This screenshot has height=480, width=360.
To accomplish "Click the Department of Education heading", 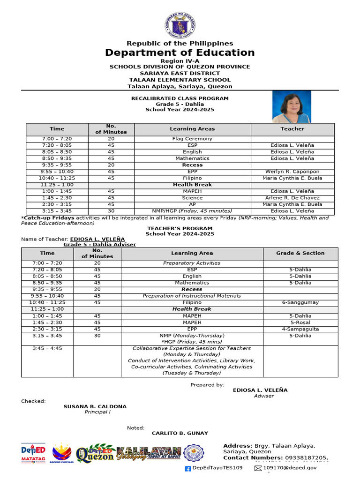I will (x=180, y=52).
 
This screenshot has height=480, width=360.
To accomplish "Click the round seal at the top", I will (x=180, y=24).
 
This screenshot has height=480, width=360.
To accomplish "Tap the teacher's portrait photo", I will (x=291, y=106).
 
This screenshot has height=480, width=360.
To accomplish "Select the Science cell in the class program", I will (x=192, y=198).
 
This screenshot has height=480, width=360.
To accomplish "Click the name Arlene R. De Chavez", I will (x=292, y=198).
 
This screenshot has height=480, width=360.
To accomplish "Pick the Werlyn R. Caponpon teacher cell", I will (x=292, y=172).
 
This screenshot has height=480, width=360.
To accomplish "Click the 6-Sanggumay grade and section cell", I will (x=300, y=302).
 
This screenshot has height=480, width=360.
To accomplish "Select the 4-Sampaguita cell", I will (x=300, y=329).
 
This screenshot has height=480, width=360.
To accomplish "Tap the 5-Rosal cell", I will (x=300, y=322).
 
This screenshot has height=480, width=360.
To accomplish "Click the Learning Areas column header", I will (x=192, y=129).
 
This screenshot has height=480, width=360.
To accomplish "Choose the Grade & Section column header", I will (x=300, y=253).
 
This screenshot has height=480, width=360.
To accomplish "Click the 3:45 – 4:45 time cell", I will (x=47, y=348).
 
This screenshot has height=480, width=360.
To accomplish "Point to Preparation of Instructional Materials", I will (x=192, y=296).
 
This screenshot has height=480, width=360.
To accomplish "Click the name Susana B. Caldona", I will (x=95, y=406).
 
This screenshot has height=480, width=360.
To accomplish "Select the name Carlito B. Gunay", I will (x=180, y=433).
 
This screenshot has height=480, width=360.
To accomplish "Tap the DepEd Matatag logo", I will (x=33, y=453).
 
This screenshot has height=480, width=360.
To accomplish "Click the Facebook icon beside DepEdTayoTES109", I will (x=188, y=468).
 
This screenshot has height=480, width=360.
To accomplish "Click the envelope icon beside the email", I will (x=258, y=468).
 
